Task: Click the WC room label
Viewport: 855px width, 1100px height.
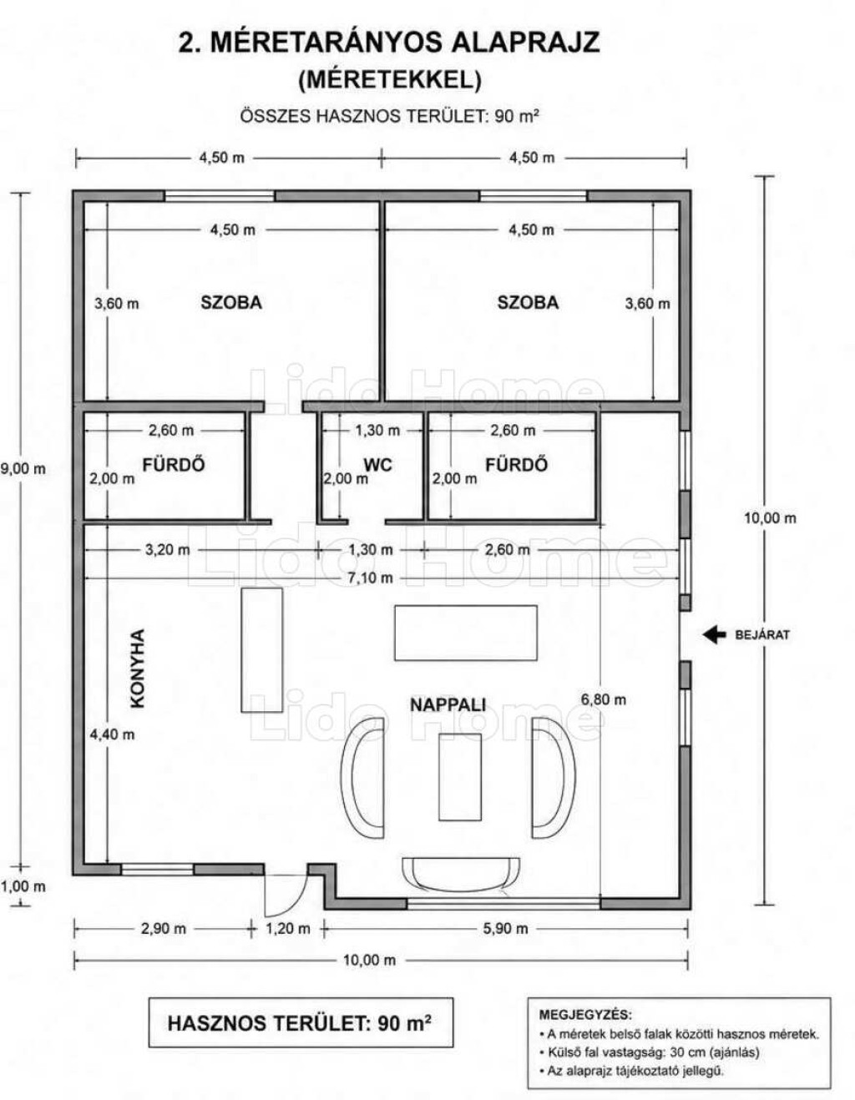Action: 377,465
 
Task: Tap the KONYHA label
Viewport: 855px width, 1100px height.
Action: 137,669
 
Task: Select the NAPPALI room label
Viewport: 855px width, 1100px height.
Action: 448,704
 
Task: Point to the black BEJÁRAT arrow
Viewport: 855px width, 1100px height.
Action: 714,634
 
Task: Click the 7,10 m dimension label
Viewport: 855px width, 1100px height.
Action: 370,578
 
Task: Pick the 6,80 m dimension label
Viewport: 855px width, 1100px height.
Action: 604,699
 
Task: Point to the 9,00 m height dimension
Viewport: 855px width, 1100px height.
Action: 23,469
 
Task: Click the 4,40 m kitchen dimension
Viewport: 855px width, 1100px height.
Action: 112,734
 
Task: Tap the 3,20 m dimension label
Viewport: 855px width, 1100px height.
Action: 168,550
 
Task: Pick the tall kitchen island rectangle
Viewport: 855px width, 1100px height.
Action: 261,650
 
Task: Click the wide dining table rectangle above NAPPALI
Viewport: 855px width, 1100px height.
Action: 466,633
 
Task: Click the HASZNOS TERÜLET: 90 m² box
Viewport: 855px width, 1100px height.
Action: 301,1023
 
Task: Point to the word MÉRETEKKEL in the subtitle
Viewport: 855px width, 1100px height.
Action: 390,80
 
